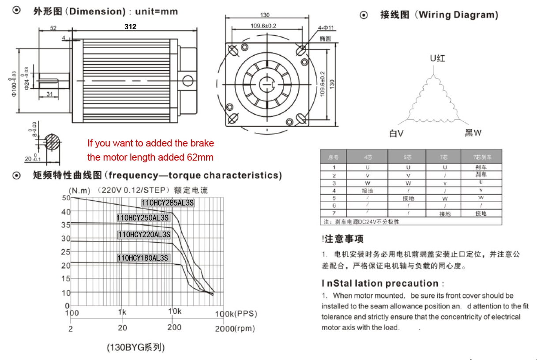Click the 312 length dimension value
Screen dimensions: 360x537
(x=130, y=26)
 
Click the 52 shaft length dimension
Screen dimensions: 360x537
(x=53, y=28)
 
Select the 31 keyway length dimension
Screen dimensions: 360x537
(x=50, y=93)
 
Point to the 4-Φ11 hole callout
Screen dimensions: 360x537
(x=326, y=28)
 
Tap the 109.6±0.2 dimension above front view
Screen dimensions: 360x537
(x=263, y=26)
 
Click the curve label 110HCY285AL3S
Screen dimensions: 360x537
(x=168, y=203)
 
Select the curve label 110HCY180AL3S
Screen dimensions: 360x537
(x=143, y=258)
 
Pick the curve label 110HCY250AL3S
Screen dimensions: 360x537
(x=143, y=217)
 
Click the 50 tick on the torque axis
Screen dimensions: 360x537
(x=66, y=198)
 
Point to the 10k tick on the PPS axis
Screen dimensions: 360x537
(x=175, y=311)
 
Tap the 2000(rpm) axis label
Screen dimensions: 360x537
(x=235, y=328)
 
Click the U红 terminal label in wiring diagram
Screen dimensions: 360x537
(x=437, y=58)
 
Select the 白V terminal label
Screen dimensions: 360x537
(x=396, y=133)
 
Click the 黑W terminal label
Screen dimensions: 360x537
(x=473, y=133)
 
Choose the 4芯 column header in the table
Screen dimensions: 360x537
(x=367, y=157)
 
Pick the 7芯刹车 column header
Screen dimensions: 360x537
(x=481, y=157)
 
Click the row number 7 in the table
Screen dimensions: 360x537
(x=334, y=213)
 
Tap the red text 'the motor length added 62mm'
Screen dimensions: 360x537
(x=150, y=157)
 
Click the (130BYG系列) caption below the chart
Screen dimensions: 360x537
(x=136, y=347)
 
